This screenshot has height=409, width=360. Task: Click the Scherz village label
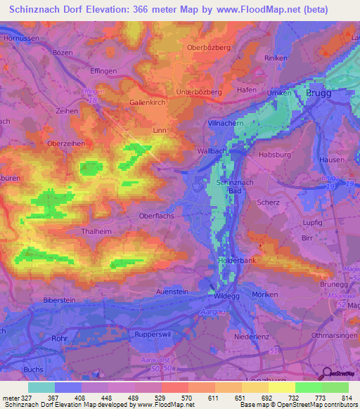tap(268, 202)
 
